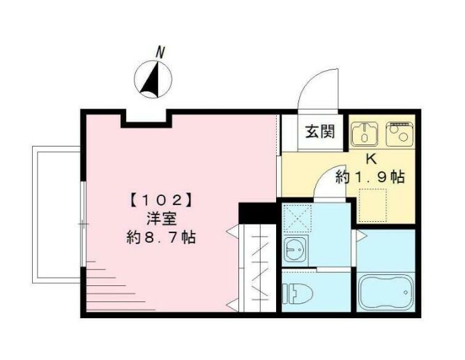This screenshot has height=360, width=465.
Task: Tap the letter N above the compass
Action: click(x=160, y=52)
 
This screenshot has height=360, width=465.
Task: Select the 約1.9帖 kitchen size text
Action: click(x=370, y=177)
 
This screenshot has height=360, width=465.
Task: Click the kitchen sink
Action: click(x=363, y=132)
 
